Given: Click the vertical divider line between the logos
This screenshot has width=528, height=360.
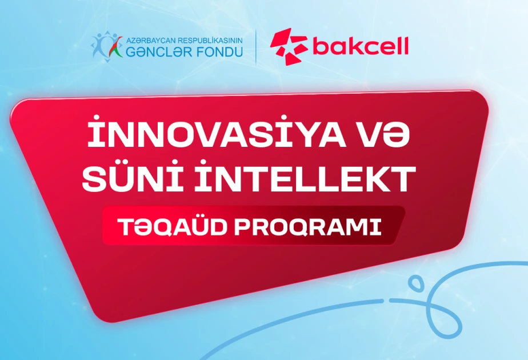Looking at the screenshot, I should (x=255, y=46).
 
